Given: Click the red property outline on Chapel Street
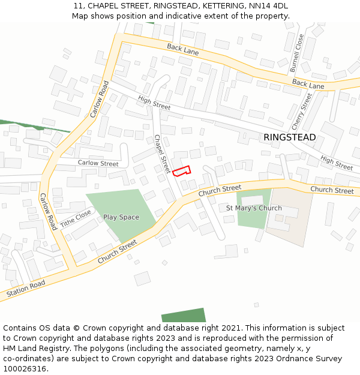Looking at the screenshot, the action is (181, 170).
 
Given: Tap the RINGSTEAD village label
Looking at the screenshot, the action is (289, 137).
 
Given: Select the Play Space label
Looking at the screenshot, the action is (121, 217).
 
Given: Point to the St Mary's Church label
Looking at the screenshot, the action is (254, 208).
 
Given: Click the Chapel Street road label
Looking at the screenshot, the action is (161, 154).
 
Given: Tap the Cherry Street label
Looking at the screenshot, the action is (302, 112).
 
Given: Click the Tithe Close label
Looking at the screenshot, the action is (75, 218).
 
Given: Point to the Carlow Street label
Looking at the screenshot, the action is (98, 163).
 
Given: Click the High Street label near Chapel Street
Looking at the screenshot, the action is (154, 103).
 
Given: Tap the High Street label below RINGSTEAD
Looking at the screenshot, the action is (336, 163).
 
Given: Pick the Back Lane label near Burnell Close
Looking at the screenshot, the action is (308, 83).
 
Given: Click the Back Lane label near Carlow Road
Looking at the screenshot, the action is (182, 50).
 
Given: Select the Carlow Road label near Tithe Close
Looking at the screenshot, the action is (48, 211).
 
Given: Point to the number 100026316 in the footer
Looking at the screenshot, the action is (25, 369).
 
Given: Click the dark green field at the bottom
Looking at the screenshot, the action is (184, 315).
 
